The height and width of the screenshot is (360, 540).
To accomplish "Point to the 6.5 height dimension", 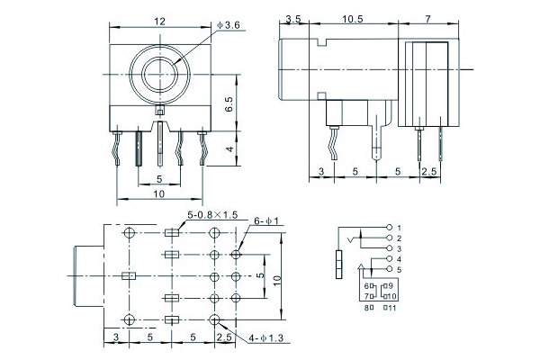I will (229, 105).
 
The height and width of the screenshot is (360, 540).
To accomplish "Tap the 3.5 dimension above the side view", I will (292, 18).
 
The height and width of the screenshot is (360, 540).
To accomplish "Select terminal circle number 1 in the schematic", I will (388, 226).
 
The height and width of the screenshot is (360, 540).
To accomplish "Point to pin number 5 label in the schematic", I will (399, 269).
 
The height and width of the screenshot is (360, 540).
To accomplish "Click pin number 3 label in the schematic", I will (399, 247).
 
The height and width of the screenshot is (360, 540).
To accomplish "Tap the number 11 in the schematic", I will (393, 308).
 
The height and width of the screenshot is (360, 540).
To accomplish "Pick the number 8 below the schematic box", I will (366, 308).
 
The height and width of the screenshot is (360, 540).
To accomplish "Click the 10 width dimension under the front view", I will (158, 193).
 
